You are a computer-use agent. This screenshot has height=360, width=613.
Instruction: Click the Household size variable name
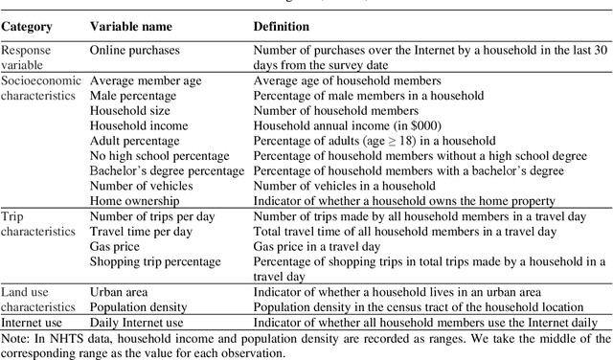click(x=132, y=111)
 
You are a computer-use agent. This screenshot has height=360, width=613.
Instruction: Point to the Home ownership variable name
click(x=137, y=201)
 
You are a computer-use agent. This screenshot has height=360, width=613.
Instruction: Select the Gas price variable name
click(x=115, y=246)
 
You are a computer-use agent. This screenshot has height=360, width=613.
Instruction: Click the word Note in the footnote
click(x=14, y=337)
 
